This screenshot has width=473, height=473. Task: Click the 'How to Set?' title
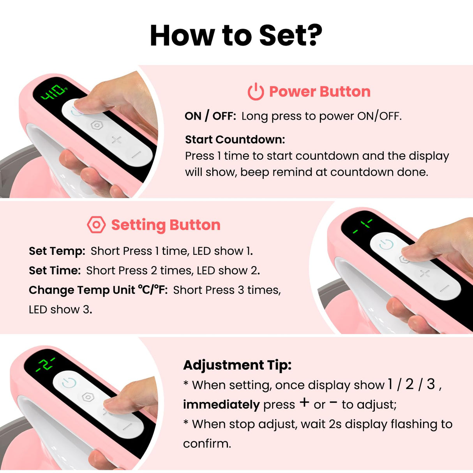pyautogui.click(x=236, y=36)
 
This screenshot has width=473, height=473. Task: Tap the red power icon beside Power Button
pyautogui.click(x=256, y=92)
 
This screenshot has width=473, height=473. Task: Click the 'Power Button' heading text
pyautogui.click(x=319, y=92)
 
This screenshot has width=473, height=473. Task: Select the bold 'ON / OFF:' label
pyautogui.click(x=210, y=116)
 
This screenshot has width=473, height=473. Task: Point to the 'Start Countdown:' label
pyautogui.click(x=235, y=139)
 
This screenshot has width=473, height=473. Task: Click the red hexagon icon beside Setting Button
pyautogui.click(x=96, y=225)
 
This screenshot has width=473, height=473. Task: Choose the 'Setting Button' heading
pyautogui.click(x=166, y=225)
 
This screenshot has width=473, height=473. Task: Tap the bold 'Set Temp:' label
pyautogui.click(x=57, y=251)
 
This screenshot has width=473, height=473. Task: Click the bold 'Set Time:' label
pyautogui.click(x=55, y=270)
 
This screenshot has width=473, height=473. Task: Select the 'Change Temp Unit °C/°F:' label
pyautogui.click(x=98, y=290)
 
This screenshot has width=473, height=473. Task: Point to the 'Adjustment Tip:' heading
pyautogui.click(x=237, y=365)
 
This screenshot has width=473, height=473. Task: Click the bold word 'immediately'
pyautogui.click(x=221, y=404)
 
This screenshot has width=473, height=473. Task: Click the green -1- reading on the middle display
pyautogui.click(x=362, y=226)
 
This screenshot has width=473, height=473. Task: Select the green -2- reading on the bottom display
pyautogui.click(x=46, y=364)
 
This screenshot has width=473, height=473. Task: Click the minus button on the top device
pyautogui.click(x=136, y=154)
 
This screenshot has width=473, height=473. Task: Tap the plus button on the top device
pyautogui.click(x=116, y=139)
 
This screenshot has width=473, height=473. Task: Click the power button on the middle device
pyautogui.click(x=386, y=244)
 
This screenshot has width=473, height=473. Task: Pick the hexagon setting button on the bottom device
pyautogui.click(x=88, y=397)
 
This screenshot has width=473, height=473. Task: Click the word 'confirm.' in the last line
pyautogui.click(x=207, y=443)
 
